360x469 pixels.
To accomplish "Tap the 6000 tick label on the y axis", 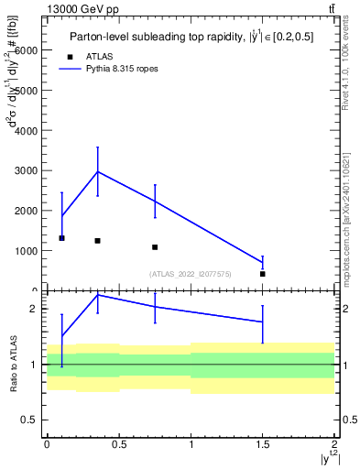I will click(30, 51).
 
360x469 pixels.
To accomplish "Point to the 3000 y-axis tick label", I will click(30, 171).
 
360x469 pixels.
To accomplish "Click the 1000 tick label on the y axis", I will click(30, 251).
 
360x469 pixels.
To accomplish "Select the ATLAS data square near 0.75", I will click(155, 247).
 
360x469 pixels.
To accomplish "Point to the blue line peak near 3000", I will click(97, 171).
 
